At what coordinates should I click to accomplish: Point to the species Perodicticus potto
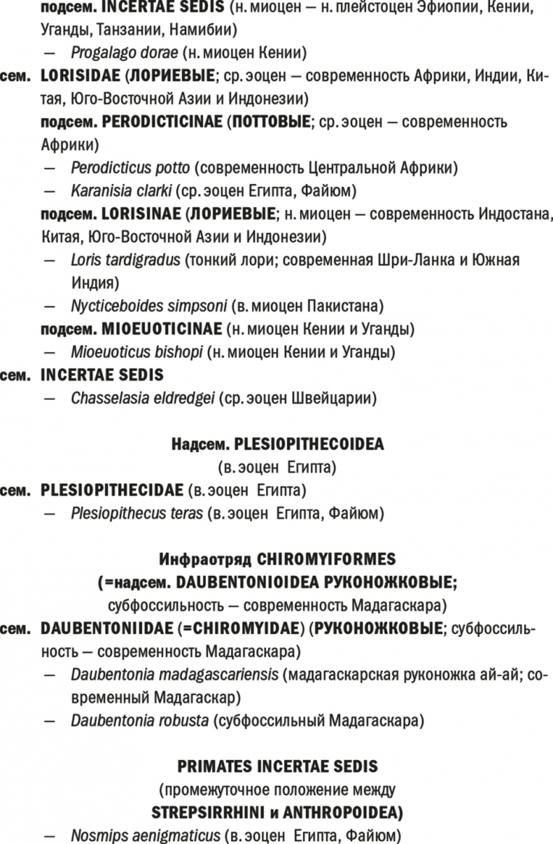pos(130,168)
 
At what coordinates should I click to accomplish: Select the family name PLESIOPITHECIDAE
pos(112,491)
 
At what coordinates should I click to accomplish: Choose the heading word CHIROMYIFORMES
pos(327,559)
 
